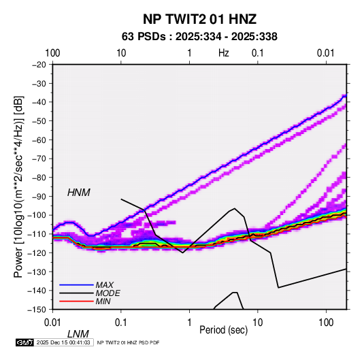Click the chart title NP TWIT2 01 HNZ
pos(199,19)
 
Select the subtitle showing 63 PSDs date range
pos(199,37)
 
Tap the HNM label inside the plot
pos(79,193)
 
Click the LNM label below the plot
pos(78,334)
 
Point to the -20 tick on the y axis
pos(39,65)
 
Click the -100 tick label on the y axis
pos(37,215)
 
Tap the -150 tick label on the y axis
pos(37,310)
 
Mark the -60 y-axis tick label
pos(39,140)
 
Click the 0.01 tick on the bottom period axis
pos(52,323)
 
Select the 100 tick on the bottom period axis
pos(326,323)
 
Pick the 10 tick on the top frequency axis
pos(121,53)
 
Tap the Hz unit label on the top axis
pos(224,53)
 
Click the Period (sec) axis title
pos(224,330)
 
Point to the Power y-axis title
pos(18,186)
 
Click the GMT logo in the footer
pos(25,342)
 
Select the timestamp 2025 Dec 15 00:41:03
pos(63,342)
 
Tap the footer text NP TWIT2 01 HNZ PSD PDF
pos(128,342)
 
